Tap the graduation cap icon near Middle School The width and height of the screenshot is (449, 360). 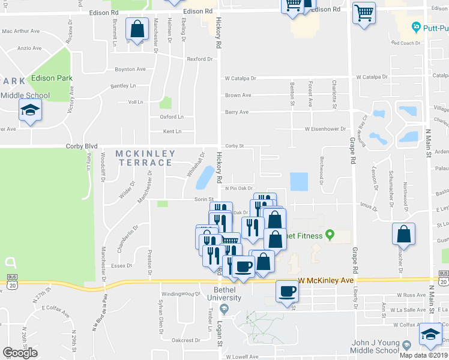coord(29,111)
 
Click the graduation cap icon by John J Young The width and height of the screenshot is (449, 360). coord(430,334)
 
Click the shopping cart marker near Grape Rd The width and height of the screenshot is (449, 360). coord(364,13)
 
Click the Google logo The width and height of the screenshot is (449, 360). coord(20,352)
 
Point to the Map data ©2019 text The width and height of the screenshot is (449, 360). coord(423,355)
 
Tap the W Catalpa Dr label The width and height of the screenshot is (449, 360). coord(240,78)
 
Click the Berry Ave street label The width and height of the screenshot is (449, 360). coord(237,112)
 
